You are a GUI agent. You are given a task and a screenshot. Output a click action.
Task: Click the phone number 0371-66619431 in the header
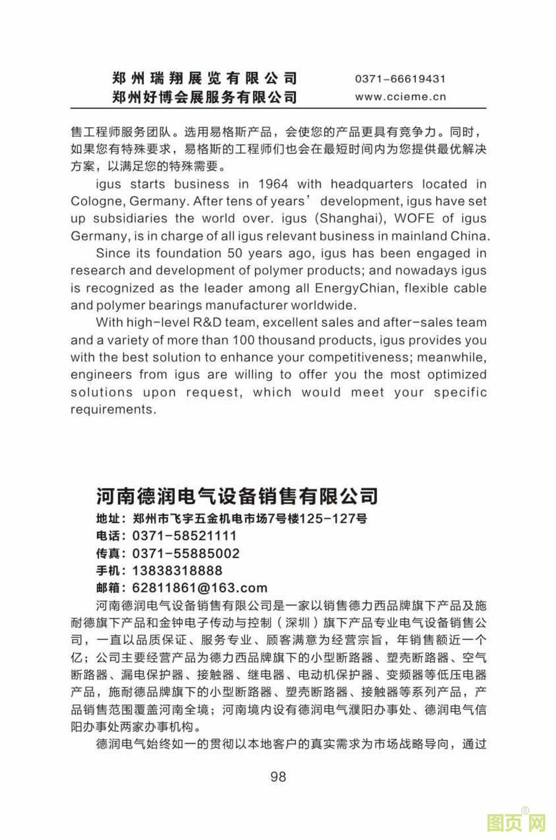400,79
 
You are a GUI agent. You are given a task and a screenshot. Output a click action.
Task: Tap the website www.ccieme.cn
400,96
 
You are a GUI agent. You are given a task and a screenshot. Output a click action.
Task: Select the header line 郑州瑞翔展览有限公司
204,78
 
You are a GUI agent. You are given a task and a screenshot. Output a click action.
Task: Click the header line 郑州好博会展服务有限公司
204,97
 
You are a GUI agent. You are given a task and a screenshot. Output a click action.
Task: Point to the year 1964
273,184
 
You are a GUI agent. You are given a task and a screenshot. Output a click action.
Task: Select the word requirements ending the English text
113,409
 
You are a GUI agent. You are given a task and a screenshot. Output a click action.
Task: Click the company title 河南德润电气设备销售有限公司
237,496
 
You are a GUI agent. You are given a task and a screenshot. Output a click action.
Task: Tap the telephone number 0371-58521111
184,536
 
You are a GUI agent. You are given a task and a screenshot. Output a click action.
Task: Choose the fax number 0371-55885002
186,553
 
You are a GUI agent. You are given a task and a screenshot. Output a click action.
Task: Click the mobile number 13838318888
178,570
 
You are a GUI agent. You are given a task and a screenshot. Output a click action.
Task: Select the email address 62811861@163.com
199,588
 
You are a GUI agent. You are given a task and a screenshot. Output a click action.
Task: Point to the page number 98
278,776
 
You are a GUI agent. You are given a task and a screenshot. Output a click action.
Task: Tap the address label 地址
108,518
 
